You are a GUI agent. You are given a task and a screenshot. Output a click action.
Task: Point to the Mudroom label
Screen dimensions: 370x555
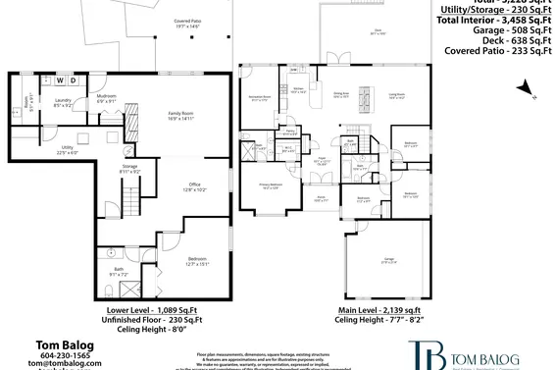pyautogui.click(x=106, y=97)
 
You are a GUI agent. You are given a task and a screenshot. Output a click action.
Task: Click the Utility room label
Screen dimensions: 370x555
pyautogui.click(x=67, y=149)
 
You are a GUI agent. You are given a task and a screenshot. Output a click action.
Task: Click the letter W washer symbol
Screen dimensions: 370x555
pyautogui.click(x=58, y=79)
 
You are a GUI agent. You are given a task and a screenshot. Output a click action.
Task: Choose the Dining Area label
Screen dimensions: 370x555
pyautogui.click(x=342, y=94)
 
